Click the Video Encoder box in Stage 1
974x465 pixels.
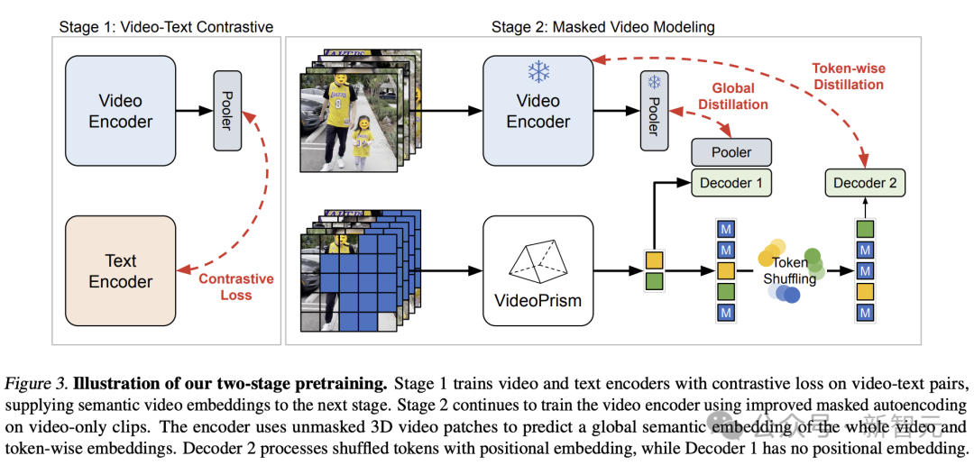[x=121, y=110]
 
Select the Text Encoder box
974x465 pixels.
[x=121, y=271]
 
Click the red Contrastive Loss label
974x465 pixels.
[x=235, y=287]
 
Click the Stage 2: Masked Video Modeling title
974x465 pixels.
[x=602, y=26]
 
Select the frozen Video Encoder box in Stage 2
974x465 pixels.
[x=538, y=110]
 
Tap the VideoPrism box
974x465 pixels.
[x=538, y=270]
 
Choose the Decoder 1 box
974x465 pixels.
[x=731, y=183]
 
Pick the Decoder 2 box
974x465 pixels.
[x=865, y=183]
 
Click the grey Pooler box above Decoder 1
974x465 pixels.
[x=731, y=152]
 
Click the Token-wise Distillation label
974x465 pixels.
[x=847, y=76]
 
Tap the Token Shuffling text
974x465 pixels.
[x=789, y=270]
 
